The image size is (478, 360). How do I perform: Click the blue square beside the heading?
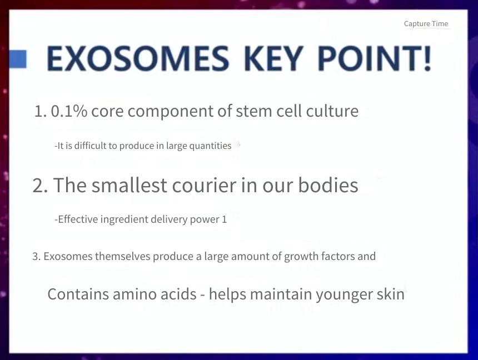click(x=18, y=59)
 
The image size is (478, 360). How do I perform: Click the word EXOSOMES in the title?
click(x=138, y=58)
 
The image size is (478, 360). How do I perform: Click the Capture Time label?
click(x=426, y=24)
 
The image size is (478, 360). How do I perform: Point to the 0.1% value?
click(x=69, y=111)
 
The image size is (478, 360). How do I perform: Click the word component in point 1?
click(x=171, y=112)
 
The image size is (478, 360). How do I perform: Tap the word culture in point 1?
click(x=332, y=111)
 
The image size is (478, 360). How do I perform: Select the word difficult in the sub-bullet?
click(x=90, y=146)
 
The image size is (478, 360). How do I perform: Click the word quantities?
click(x=210, y=146)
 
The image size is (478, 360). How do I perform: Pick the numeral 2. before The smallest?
click(x=40, y=186)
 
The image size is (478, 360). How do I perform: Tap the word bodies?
click(x=328, y=185)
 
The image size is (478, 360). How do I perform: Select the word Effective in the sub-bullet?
click(x=78, y=219)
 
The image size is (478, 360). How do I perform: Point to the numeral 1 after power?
click(x=225, y=220)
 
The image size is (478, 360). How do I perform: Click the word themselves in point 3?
click(x=122, y=256)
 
